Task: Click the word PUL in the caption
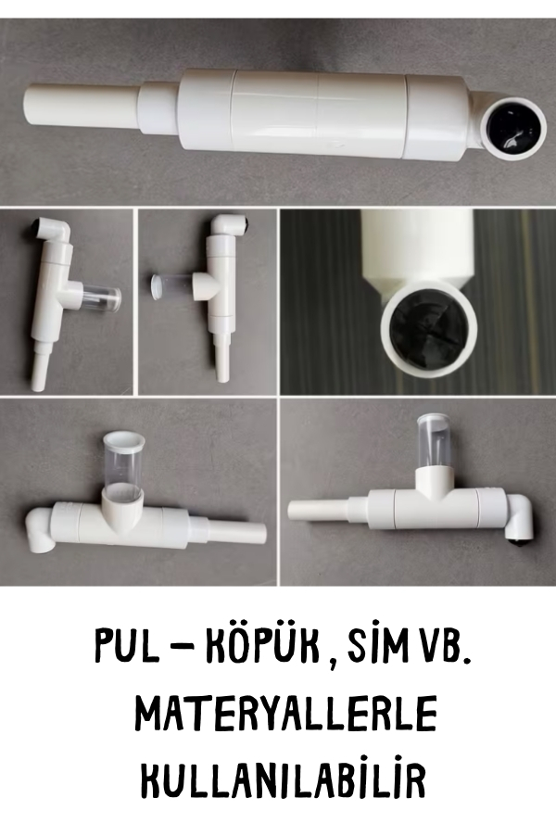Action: [127, 645]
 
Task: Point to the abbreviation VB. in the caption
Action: [444, 645]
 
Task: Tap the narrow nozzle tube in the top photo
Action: [82, 108]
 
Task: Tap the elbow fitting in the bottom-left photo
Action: [40, 529]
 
